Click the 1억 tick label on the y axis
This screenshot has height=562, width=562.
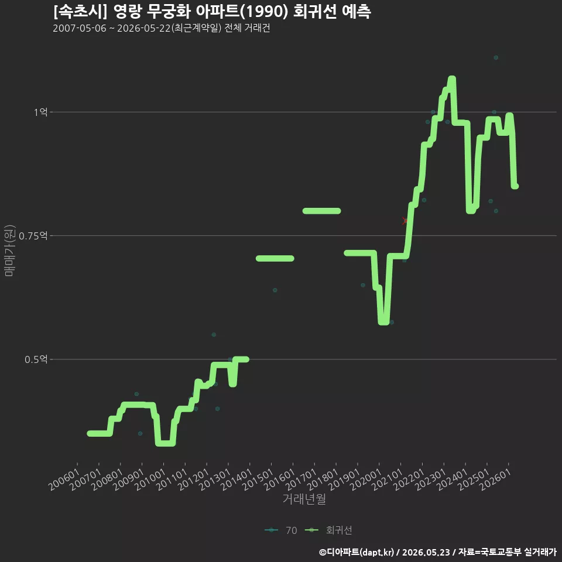(x=40, y=112)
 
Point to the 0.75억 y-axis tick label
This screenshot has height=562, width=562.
(x=33, y=236)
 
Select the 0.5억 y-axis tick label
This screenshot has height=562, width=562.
(x=36, y=359)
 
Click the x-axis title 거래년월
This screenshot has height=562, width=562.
(x=304, y=499)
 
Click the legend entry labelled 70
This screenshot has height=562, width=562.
(x=281, y=530)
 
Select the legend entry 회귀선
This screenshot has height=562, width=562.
(x=328, y=530)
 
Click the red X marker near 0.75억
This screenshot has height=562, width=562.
(x=405, y=221)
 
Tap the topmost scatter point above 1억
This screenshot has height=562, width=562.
(x=496, y=57)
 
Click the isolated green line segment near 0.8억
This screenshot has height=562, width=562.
(x=321, y=211)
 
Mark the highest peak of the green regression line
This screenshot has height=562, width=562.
(x=452, y=78)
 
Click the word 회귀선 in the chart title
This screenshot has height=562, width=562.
(x=315, y=12)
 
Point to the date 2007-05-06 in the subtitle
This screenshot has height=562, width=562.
(x=80, y=28)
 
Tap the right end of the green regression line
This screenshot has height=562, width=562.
(x=515, y=186)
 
